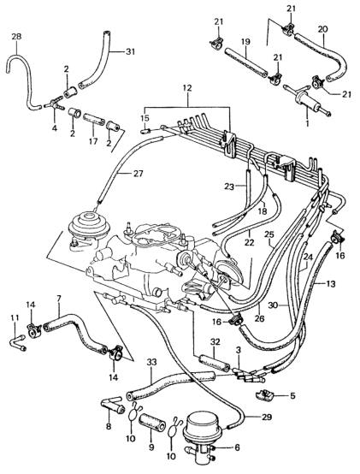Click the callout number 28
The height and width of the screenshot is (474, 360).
16,37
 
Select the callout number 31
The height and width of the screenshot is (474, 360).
131,52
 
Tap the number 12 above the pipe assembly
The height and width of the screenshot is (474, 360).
187,88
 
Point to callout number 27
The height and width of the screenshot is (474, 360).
138,174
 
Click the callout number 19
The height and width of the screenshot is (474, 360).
245,41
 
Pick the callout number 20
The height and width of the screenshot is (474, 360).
322,29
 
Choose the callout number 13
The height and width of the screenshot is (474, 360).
331,284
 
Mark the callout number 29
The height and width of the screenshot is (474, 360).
267,418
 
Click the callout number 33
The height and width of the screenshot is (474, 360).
152,362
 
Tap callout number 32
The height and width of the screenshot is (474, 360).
215,342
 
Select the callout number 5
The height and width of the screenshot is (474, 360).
292,395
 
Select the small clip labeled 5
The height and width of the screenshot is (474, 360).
265,395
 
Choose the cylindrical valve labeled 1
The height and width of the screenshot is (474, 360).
308,102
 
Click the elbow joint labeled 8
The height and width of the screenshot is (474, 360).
112,406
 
